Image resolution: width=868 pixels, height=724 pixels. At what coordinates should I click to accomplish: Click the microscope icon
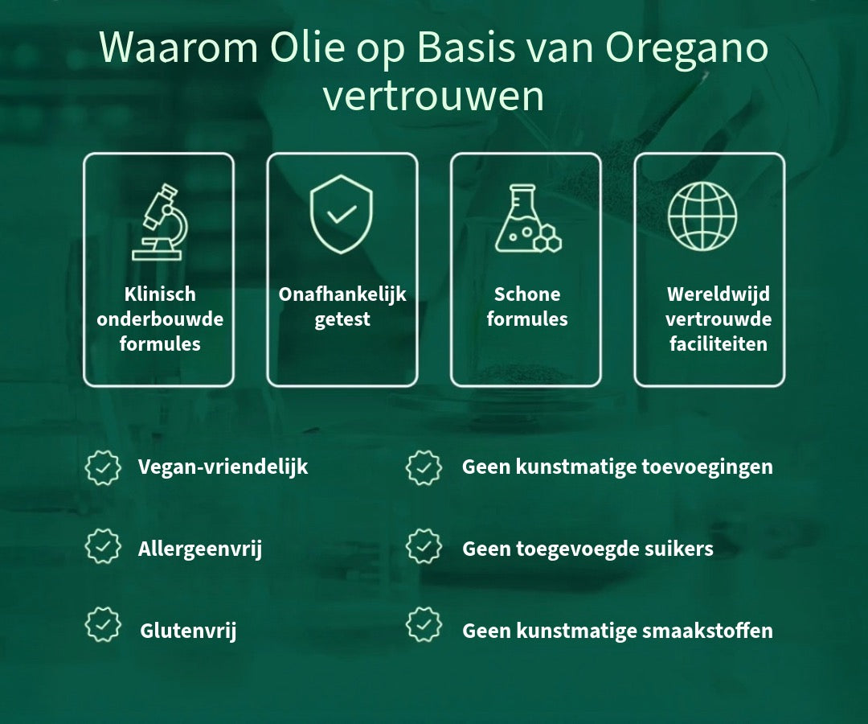(x=159, y=221)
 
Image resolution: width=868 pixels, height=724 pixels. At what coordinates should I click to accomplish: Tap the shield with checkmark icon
(x=341, y=214)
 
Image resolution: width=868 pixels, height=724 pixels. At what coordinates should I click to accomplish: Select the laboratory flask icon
(x=527, y=218)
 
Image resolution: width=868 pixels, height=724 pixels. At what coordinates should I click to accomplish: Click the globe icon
(x=702, y=216)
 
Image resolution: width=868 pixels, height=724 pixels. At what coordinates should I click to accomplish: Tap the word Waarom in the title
(x=178, y=47)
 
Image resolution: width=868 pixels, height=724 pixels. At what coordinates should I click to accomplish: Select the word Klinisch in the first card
(x=160, y=294)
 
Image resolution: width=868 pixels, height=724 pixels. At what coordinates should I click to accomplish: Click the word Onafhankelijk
(x=342, y=294)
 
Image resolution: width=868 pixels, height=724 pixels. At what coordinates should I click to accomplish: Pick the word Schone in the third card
(x=527, y=294)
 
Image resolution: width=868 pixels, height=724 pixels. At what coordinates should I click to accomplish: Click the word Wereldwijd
(x=718, y=294)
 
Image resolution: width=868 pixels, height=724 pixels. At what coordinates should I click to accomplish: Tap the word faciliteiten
(x=718, y=344)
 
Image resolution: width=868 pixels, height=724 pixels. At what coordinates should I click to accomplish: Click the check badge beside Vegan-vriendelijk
(x=103, y=467)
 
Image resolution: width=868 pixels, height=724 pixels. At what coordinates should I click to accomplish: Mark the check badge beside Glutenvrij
(x=103, y=624)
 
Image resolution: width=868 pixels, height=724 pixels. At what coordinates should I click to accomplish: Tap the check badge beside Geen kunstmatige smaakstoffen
(x=424, y=624)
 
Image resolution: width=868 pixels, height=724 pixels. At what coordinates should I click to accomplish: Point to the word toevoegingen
(x=707, y=467)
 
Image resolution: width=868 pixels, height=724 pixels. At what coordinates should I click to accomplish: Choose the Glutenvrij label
(x=188, y=631)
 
